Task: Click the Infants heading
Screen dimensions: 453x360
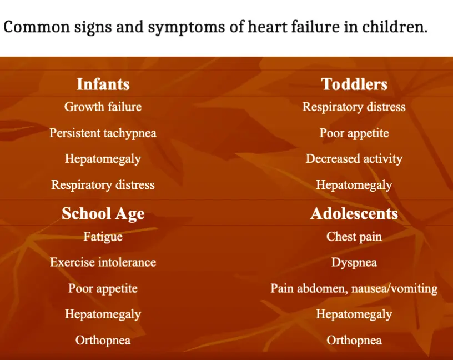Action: (x=103, y=84)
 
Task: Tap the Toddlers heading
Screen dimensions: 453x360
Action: (x=354, y=84)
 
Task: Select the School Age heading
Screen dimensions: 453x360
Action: (x=103, y=214)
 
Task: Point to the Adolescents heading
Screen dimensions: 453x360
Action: (x=354, y=214)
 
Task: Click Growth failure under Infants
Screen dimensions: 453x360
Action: (x=103, y=107)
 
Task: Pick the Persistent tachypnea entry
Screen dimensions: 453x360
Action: (x=103, y=133)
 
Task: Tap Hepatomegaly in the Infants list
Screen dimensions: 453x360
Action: (x=103, y=159)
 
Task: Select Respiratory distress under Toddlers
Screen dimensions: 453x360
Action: (x=354, y=107)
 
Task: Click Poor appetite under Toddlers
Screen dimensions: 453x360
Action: (x=354, y=133)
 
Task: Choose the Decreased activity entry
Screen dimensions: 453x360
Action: (x=354, y=159)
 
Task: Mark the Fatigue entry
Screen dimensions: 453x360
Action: (x=103, y=237)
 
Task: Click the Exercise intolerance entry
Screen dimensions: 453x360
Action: (x=103, y=263)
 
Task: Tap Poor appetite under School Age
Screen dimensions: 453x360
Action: (x=103, y=288)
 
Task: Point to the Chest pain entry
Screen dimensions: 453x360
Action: (x=354, y=237)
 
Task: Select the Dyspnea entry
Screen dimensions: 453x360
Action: (x=354, y=263)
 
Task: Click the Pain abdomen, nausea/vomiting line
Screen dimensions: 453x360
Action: (x=354, y=288)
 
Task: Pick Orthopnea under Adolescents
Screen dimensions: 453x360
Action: (x=354, y=341)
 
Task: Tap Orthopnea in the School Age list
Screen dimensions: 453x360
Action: (x=103, y=341)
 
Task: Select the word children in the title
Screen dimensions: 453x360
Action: (x=395, y=27)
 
